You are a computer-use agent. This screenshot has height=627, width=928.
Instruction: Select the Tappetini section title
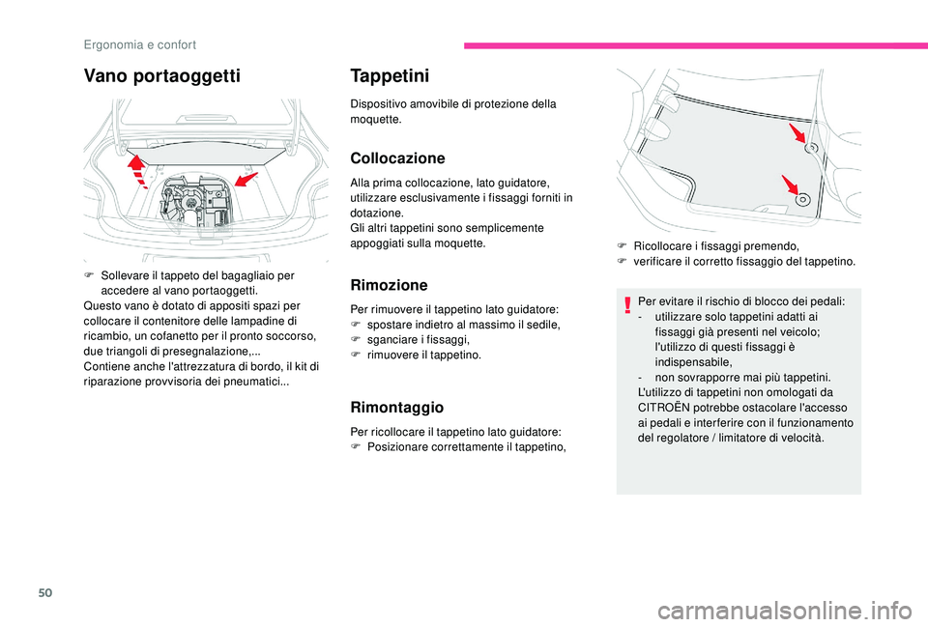pos(394,75)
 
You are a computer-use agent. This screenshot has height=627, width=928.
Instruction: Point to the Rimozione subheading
pos(389,285)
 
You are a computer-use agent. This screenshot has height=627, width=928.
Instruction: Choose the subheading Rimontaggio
pos(396,408)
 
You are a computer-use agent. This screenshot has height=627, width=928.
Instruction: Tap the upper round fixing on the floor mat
pos(812,148)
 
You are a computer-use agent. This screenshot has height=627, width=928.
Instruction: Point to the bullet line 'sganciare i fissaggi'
pos(418,340)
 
